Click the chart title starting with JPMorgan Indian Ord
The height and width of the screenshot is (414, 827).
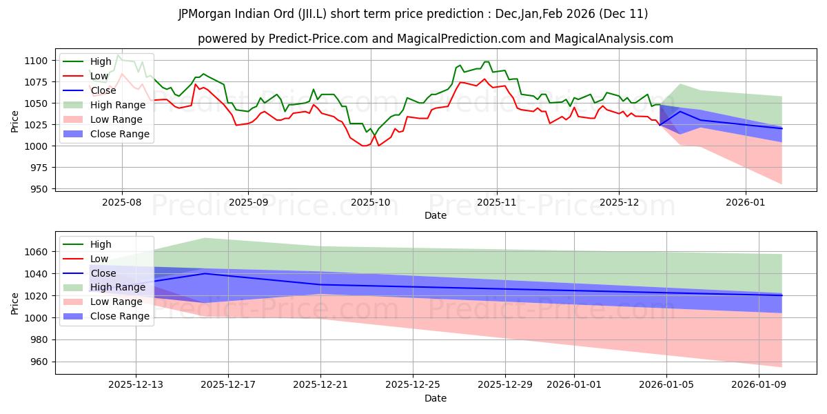pos(413,13)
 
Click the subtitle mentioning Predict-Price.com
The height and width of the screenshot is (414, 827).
pos(435,39)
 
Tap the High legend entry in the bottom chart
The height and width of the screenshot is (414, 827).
pos(101,244)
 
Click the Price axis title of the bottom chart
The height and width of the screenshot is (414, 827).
pos(16,302)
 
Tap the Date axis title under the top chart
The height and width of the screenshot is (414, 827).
pos(435,216)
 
